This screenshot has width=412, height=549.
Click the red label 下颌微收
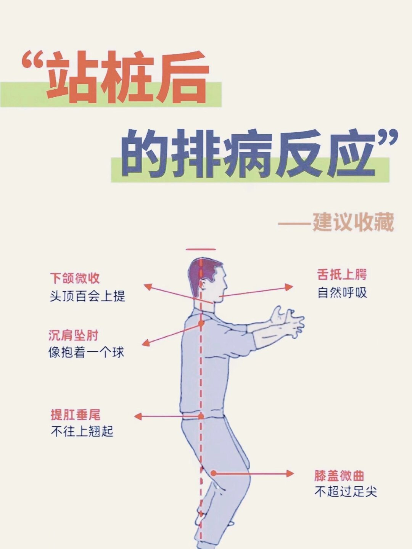[x=75, y=278]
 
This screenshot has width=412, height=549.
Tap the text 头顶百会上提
[x=87, y=296]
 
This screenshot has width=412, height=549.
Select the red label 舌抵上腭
[x=342, y=274]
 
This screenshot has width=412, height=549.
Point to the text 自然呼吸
[x=342, y=293]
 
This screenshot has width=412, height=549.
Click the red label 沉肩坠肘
[x=73, y=335]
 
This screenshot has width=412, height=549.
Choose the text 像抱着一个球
[x=86, y=352]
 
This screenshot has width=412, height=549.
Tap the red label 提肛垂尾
[x=76, y=415]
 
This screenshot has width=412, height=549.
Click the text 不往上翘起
[x=82, y=431]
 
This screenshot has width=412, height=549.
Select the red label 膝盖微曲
[x=339, y=476]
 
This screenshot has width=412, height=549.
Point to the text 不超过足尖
[x=346, y=492]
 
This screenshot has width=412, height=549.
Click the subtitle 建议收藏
[x=353, y=223]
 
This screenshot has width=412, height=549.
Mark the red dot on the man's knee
[x=214, y=473]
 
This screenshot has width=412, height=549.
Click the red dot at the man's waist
[x=201, y=416]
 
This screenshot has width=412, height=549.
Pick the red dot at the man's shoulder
[x=201, y=324]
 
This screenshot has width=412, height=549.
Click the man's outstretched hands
[x=288, y=322]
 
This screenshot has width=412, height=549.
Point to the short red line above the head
[x=201, y=250]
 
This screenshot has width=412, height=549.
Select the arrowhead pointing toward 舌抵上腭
[x=290, y=287]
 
